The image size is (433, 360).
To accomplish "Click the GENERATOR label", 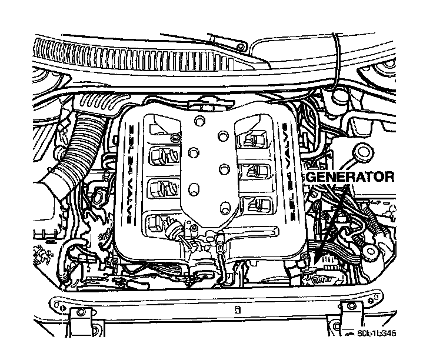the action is [x=350, y=176].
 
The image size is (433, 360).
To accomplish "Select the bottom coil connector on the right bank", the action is [x=257, y=205].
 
